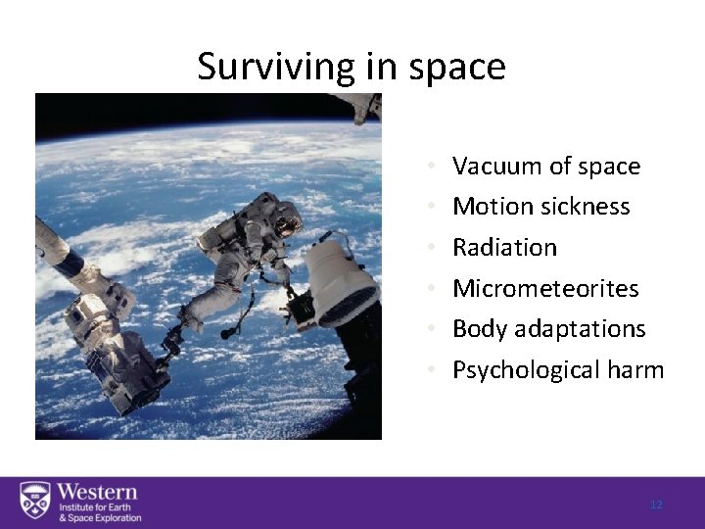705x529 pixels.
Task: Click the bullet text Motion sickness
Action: [540, 207]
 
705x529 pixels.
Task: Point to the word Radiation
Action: [504, 248]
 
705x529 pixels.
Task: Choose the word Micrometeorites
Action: [544, 288]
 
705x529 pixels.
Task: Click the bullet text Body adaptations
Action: [548, 329]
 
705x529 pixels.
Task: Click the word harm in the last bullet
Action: [639, 370]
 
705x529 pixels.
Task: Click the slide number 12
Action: [656, 505]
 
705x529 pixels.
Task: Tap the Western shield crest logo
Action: [34, 503]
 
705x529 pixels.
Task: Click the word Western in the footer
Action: [97, 492]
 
